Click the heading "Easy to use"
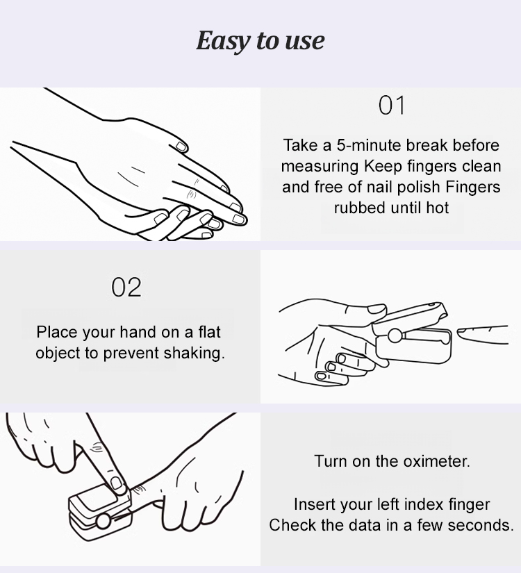click(x=260, y=40)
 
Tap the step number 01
click(x=392, y=106)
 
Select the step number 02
click(x=126, y=288)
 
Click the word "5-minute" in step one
click(x=369, y=145)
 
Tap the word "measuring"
click(x=320, y=167)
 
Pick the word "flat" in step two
click(x=210, y=332)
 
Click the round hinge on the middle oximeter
click(x=395, y=335)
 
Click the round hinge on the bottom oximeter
click(x=103, y=521)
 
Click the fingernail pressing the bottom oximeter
click(x=116, y=483)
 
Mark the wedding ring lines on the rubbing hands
click(x=192, y=194)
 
